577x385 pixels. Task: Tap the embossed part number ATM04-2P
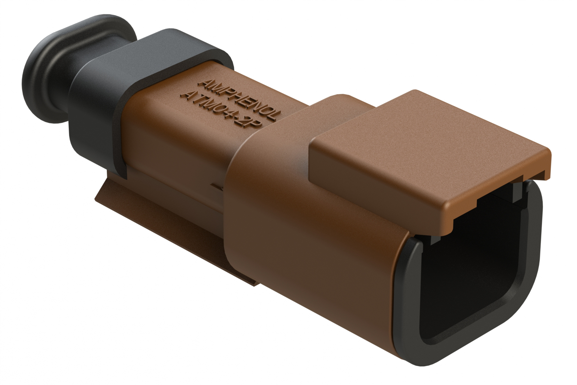221,111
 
